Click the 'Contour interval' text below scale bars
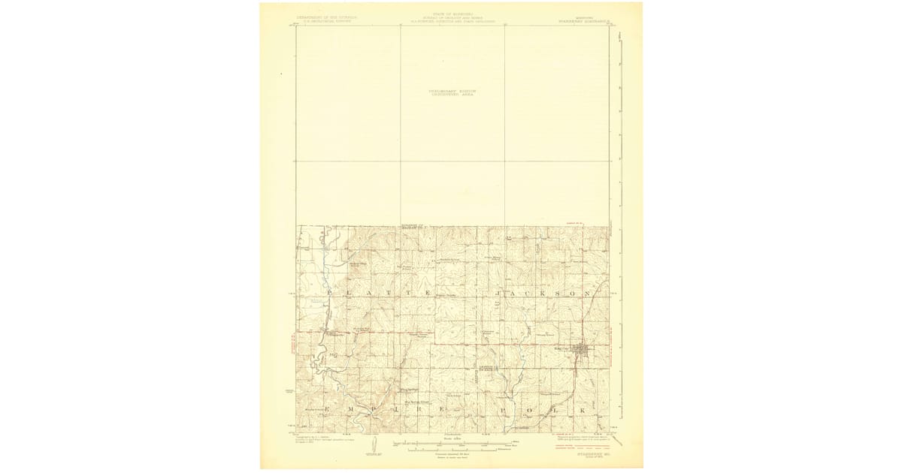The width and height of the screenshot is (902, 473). click(451, 454)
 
